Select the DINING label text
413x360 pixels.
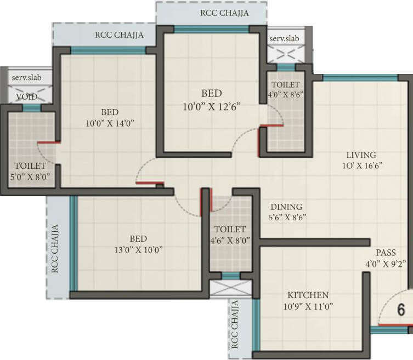click(x=286, y=207)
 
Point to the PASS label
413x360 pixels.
click(x=386, y=253)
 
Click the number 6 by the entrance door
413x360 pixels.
click(x=401, y=310)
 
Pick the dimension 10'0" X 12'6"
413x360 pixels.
click(x=211, y=106)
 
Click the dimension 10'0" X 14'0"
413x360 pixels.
click(x=110, y=123)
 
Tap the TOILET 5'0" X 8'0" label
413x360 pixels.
click(x=30, y=170)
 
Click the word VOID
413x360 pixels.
click(x=26, y=96)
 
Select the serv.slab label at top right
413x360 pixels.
click(x=284, y=38)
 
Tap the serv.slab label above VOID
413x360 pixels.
click(x=26, y=78)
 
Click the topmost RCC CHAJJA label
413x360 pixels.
click(x=224, y=13)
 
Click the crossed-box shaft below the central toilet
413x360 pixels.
click(x=230, y=288)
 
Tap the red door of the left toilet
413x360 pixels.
click(x=48, y=142)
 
